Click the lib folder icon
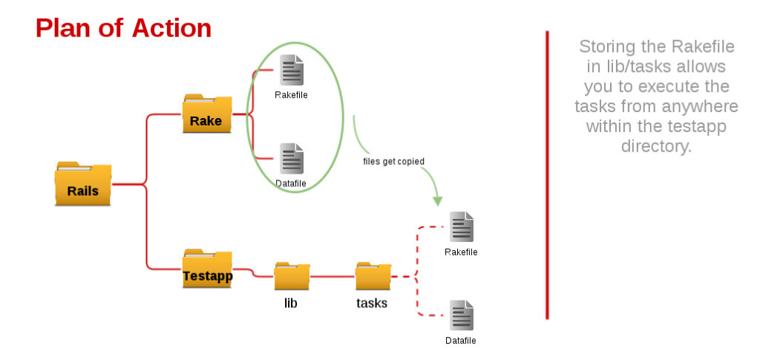292,276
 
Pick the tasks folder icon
373,276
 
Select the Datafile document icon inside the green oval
291,158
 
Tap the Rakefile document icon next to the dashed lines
461,227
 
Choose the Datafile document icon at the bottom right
461,315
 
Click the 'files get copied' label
393,161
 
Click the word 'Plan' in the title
62,28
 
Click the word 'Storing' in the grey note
609,47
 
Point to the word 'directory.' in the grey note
656,146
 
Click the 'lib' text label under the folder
291,303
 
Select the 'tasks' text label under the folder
372,303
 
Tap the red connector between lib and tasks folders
332,276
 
